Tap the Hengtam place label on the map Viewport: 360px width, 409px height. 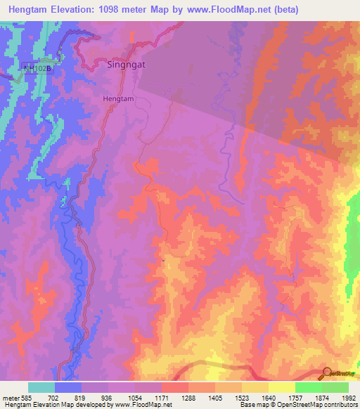coord(117,99)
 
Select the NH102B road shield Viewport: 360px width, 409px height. coord(38,67)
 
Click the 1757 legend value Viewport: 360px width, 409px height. coord(294,397)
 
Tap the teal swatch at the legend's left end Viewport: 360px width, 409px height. coord(41,387)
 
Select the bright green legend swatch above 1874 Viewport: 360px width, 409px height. coord(308,387)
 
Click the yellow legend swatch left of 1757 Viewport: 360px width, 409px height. coord(281,387)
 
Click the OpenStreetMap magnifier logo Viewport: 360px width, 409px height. coord(326,372)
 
